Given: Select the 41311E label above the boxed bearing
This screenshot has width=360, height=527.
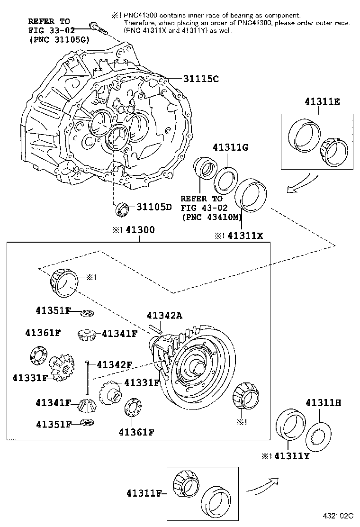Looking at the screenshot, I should click(x=318, y=102).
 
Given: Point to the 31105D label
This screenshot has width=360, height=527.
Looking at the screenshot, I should click(x=154, y=207).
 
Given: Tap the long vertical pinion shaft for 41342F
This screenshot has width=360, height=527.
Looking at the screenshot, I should click(x=88, y=377).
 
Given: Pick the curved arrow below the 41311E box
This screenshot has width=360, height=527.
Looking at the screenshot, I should click(x=302, y=183).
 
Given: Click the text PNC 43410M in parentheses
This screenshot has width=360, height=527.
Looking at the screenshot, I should click(x=211, y=218).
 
